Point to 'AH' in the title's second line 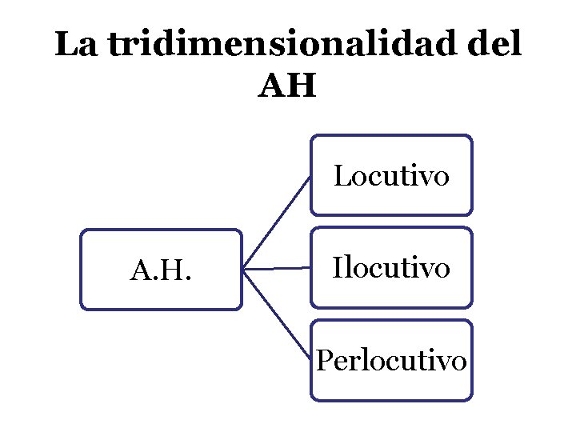[x=287, y=86]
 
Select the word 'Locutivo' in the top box [x=391, y=175]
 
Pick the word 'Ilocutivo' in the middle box [x=391, y=267]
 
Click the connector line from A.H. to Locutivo [x=276, y=222]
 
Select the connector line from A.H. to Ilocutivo [x=276, y=269]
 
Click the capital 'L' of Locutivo [x=341, y=175]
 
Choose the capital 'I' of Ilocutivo [x=338, y=267]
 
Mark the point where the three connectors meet [x=243, y=270]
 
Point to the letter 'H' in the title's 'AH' [x=302, y=86]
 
